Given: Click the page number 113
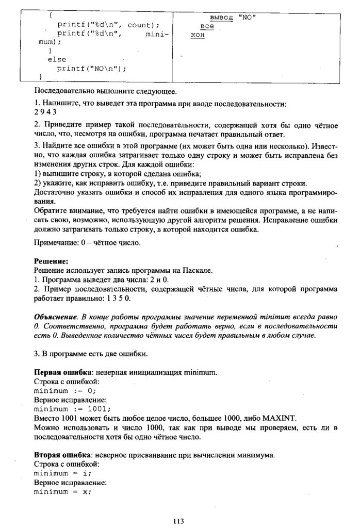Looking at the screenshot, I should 179,520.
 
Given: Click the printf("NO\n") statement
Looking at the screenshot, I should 91,68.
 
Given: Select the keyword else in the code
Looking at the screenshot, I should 56,59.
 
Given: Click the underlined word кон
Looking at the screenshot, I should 198,35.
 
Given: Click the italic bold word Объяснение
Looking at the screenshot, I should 55,316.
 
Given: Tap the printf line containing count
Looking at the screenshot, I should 108,25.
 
